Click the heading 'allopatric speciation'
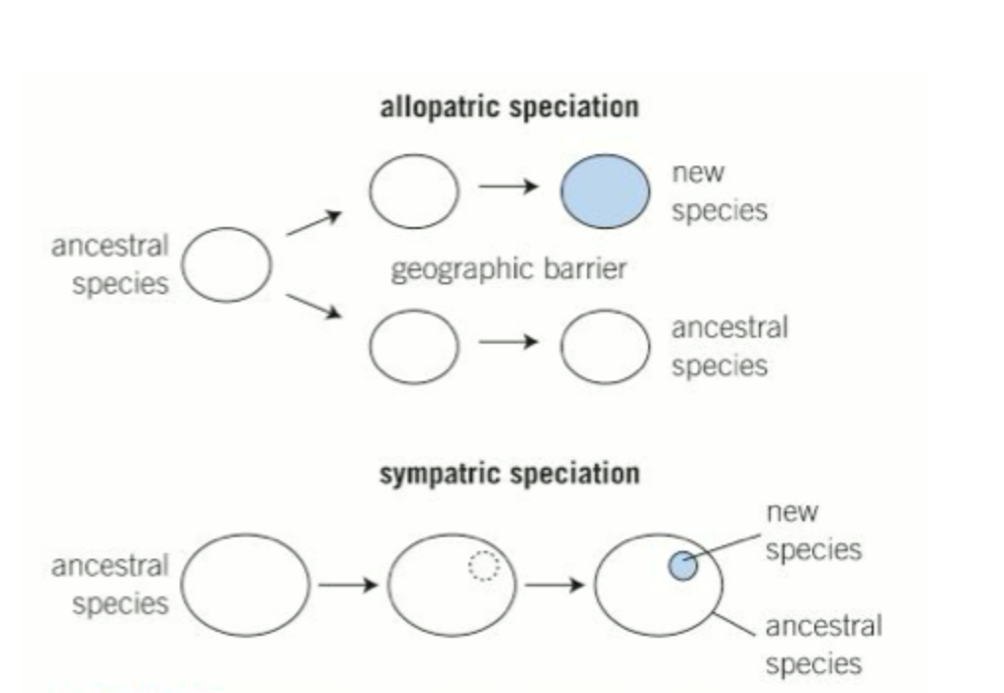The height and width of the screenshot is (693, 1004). [509, 107]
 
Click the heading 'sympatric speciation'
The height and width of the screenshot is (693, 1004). [509, 474]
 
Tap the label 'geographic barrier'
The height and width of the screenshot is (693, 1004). [508, 269]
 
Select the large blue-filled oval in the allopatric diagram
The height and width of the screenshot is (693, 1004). [606, 191]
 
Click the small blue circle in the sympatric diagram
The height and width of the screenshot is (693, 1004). [683, 567]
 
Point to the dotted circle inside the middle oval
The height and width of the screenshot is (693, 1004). [483, 566]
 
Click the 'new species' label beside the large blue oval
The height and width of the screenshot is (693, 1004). [718, 191]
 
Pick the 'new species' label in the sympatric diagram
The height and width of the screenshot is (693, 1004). [812, 531]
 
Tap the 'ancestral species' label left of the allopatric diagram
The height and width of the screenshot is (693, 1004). [111, 264]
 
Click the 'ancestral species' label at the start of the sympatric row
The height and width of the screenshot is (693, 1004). [111, 584]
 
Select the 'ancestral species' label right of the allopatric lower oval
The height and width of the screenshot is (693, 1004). [729, 346]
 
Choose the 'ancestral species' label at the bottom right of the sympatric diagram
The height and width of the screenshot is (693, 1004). [822, 644]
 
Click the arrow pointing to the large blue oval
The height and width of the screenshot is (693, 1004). [509, 188]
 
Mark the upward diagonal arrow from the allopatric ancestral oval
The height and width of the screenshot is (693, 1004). [313, 223]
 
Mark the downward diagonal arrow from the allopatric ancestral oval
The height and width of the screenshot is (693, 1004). [313, 306]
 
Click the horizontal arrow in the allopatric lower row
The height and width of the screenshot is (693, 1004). [509, 343]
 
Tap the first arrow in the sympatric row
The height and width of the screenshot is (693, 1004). [348, 584]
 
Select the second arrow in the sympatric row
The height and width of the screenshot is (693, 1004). [555, 584]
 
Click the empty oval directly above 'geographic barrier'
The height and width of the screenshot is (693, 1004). [414, 191]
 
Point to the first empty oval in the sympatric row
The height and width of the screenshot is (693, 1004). [245, 584]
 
